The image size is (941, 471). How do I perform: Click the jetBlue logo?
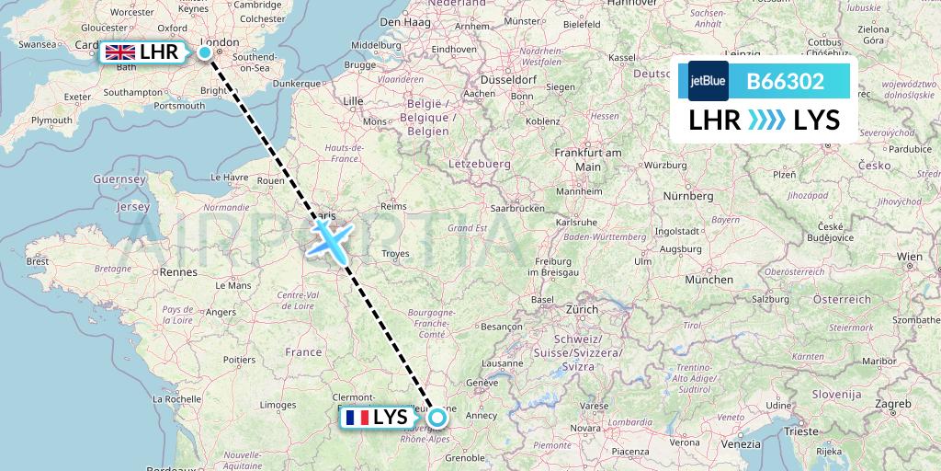pyautogui.click(x=708, y=81)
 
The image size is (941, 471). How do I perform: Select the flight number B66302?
pyautogui.click(x=785, y=82)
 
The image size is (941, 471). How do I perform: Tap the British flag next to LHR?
pyautogui.click(x=119, y=52)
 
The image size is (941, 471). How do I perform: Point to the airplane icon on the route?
pyautogui.click(x=327, y=237)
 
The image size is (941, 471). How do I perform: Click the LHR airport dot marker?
pyautogui.click(x=205, y=52)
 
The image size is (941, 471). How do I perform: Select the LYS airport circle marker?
pyautogui.click(x=436, y=418)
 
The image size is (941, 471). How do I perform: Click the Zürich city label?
pyautogui.click(x=587, y=310)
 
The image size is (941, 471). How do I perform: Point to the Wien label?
pyautogui.click(x=909, y=257)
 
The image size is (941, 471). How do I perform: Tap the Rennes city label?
pyautogui.click(x=178, y=271)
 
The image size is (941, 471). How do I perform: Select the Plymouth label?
pyautogui.click(x=51, y=121)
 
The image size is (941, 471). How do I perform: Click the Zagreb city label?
pyautogui.click(x=892, y=404)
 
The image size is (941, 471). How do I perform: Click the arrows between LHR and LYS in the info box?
pyautogui.click(x=765, y=120)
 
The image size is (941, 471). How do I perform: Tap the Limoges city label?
pyautogui.click(x=278, y=405)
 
